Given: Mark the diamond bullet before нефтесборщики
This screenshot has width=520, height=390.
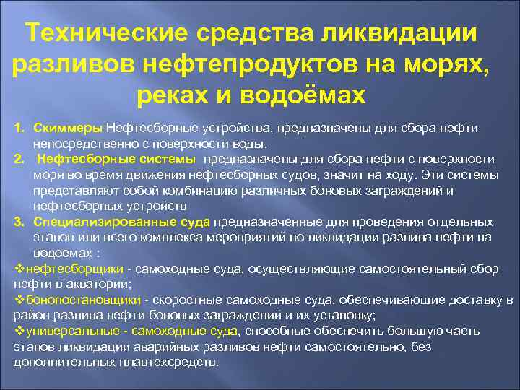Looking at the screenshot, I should click(19, 269).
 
